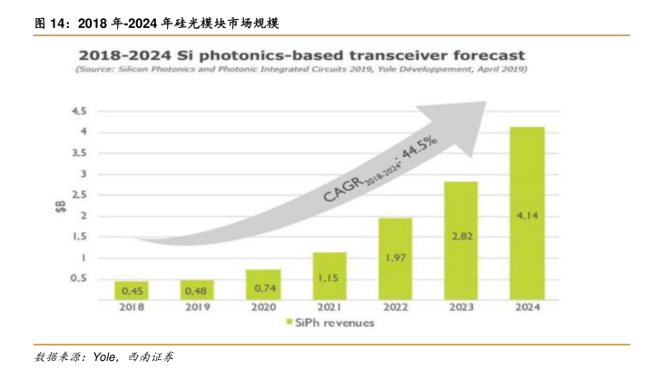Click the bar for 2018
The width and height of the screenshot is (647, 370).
pyautogui.click(x=131, y=290)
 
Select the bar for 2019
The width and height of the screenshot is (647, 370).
pyautogui.click(x=196, y=290)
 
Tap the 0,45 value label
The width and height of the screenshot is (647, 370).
pyautogui.click(x=131, y=291)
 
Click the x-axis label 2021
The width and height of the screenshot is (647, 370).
pyautogui.click(x=328, y=307)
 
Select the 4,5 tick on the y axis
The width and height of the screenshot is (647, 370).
pyautogui.click(x=79, y=112)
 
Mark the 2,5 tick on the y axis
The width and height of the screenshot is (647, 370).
pyautogui.click(x=79, y=195)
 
